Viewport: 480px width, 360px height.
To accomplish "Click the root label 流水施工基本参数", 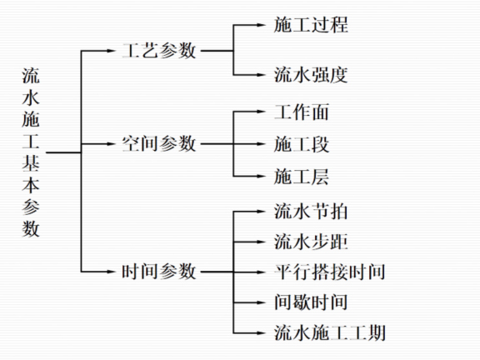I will click(31, 152).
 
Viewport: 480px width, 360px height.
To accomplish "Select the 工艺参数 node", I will click(159, 50).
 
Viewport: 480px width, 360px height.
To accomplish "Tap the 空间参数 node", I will click(159, 143).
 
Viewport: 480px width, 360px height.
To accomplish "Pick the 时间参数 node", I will click(159, 271).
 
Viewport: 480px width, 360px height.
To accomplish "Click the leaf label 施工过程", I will click(311, 25).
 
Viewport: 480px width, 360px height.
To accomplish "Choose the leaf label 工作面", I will click(302, 112).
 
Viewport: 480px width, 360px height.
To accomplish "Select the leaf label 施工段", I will click(302, 144).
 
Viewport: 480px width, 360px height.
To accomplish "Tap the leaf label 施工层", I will click(302, 176).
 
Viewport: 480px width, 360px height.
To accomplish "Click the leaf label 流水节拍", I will click(311, 211).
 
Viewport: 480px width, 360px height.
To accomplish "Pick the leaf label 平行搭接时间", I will click(329, 272).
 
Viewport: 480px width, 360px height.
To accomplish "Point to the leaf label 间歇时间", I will click(311, 302).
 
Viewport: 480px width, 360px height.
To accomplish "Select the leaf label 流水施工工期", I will click(329, 332).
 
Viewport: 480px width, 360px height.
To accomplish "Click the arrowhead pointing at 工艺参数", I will click(115, 51).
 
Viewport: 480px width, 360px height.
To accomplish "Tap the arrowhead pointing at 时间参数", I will click(115, 271).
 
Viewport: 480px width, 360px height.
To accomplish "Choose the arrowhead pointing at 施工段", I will click(265, 144).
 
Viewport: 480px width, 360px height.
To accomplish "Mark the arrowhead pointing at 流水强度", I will click(265, 76).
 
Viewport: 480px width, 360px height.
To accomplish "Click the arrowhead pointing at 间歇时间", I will click(265, 302).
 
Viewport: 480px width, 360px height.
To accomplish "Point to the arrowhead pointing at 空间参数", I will click(115, 144).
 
